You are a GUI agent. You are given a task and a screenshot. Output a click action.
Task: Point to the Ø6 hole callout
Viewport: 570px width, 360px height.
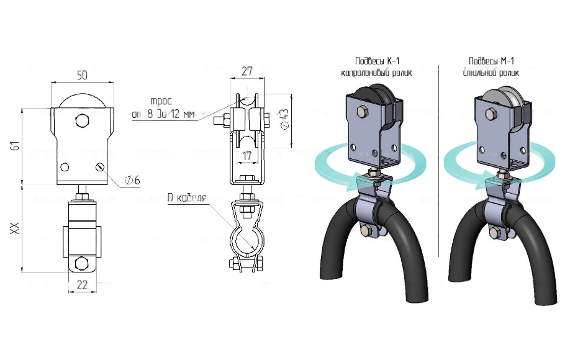(x=132, y=180)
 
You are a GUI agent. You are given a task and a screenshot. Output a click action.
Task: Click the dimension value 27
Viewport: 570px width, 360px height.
(x=247, y=71)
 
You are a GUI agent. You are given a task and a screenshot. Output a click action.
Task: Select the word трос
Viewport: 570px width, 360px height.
(x=160, y=101)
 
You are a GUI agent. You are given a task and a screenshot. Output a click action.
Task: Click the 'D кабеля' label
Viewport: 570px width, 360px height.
(x=186, y=199)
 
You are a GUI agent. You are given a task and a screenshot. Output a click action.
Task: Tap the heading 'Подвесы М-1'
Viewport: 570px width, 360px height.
(x=491, y=61)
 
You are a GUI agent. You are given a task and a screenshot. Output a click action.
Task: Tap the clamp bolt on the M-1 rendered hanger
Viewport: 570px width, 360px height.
(x=495, y=233)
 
